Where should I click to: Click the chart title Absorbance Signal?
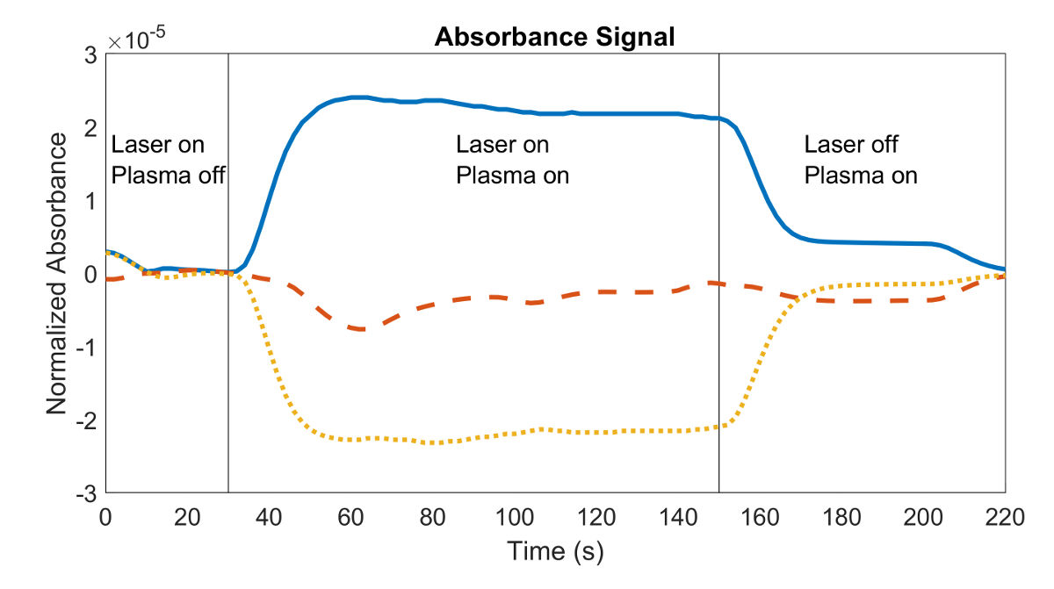pos(554,38)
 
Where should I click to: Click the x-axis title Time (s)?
pos(555,551)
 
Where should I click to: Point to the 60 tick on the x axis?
pos(351,518)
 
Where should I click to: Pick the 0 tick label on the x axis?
pos(106,518)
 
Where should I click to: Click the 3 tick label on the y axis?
pos(90,54)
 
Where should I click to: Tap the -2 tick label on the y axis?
pos(86,420)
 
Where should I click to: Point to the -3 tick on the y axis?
pos(86,493)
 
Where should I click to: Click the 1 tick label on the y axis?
pos(90,201)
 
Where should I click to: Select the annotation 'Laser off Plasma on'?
pos(860,160)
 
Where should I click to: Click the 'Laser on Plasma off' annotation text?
pos(168,160)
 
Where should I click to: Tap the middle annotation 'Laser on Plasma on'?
pos(512,160)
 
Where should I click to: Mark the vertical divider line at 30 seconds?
pos(228,351)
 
